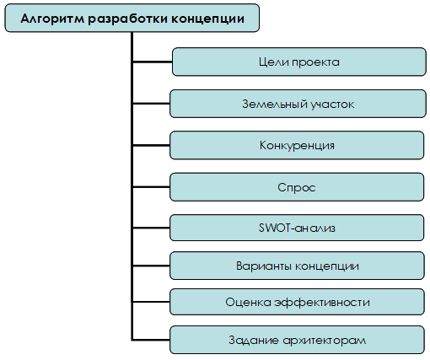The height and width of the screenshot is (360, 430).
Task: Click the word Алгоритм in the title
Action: click(52, 19)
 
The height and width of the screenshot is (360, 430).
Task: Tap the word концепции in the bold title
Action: click(207, 19)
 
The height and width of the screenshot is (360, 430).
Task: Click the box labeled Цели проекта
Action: click(299, 62)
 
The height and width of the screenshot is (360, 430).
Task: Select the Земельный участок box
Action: click(298, 104)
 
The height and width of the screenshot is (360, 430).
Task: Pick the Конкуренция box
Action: click(297, 145)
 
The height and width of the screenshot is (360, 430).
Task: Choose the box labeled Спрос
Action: click(297, 187)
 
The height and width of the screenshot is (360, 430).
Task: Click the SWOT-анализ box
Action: click(297, 228)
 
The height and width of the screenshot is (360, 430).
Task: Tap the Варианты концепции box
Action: click(297, 266)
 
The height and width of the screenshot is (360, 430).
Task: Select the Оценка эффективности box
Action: click(297, 302)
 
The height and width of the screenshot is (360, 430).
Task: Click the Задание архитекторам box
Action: click(297, 340)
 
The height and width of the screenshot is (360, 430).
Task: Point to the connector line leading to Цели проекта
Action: click(153, 62)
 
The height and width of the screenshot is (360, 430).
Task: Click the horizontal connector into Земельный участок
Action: click(151, 104)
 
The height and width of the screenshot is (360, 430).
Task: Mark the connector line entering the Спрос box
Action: click(151, 187)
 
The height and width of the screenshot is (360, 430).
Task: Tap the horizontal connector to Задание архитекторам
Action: click(151, 340)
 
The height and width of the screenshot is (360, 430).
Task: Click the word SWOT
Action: click(274, 228)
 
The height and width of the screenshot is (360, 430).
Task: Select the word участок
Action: click(332, 105)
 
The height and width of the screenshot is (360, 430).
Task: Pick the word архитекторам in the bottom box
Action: click(324, 341)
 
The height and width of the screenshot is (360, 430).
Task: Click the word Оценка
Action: click(248, 303)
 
